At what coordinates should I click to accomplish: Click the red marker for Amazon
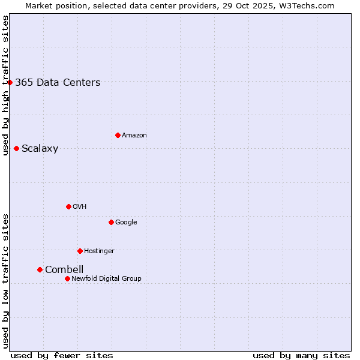(118, 135)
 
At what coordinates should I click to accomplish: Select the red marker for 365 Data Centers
(10, 82)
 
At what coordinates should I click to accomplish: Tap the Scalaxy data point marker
(16, 148)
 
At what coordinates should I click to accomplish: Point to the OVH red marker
(68, 206)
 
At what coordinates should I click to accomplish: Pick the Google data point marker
(111, 222)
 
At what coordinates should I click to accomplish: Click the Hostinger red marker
(80, 251)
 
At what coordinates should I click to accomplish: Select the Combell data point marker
(40, 269)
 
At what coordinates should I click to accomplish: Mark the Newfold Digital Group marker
(67, 278)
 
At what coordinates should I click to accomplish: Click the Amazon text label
(134, 136)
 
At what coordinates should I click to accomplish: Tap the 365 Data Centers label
(58, 83)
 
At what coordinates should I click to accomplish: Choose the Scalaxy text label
(40, 149)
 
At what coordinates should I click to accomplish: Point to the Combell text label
(64, 270)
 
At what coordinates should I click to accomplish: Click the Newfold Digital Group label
(106, 278)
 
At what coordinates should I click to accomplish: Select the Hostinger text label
(99, 251)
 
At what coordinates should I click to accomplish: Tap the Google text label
(126, 222)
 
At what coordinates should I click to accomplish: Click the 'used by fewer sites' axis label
(62, 355)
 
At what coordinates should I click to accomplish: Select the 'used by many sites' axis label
(301, 355)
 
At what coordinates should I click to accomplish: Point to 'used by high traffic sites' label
(5, 85)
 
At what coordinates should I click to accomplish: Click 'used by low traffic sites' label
(5, 281)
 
